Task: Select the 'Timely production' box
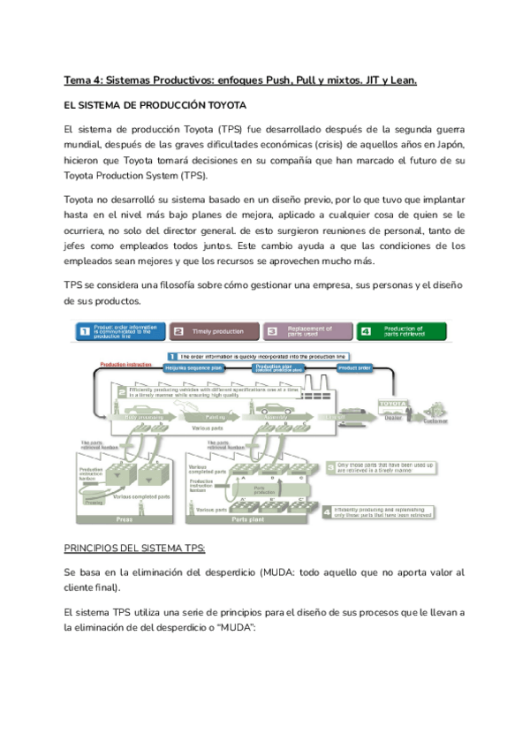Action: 215,331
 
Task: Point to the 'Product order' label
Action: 353,367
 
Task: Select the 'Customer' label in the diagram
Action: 435,420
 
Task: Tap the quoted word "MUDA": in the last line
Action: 232,627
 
